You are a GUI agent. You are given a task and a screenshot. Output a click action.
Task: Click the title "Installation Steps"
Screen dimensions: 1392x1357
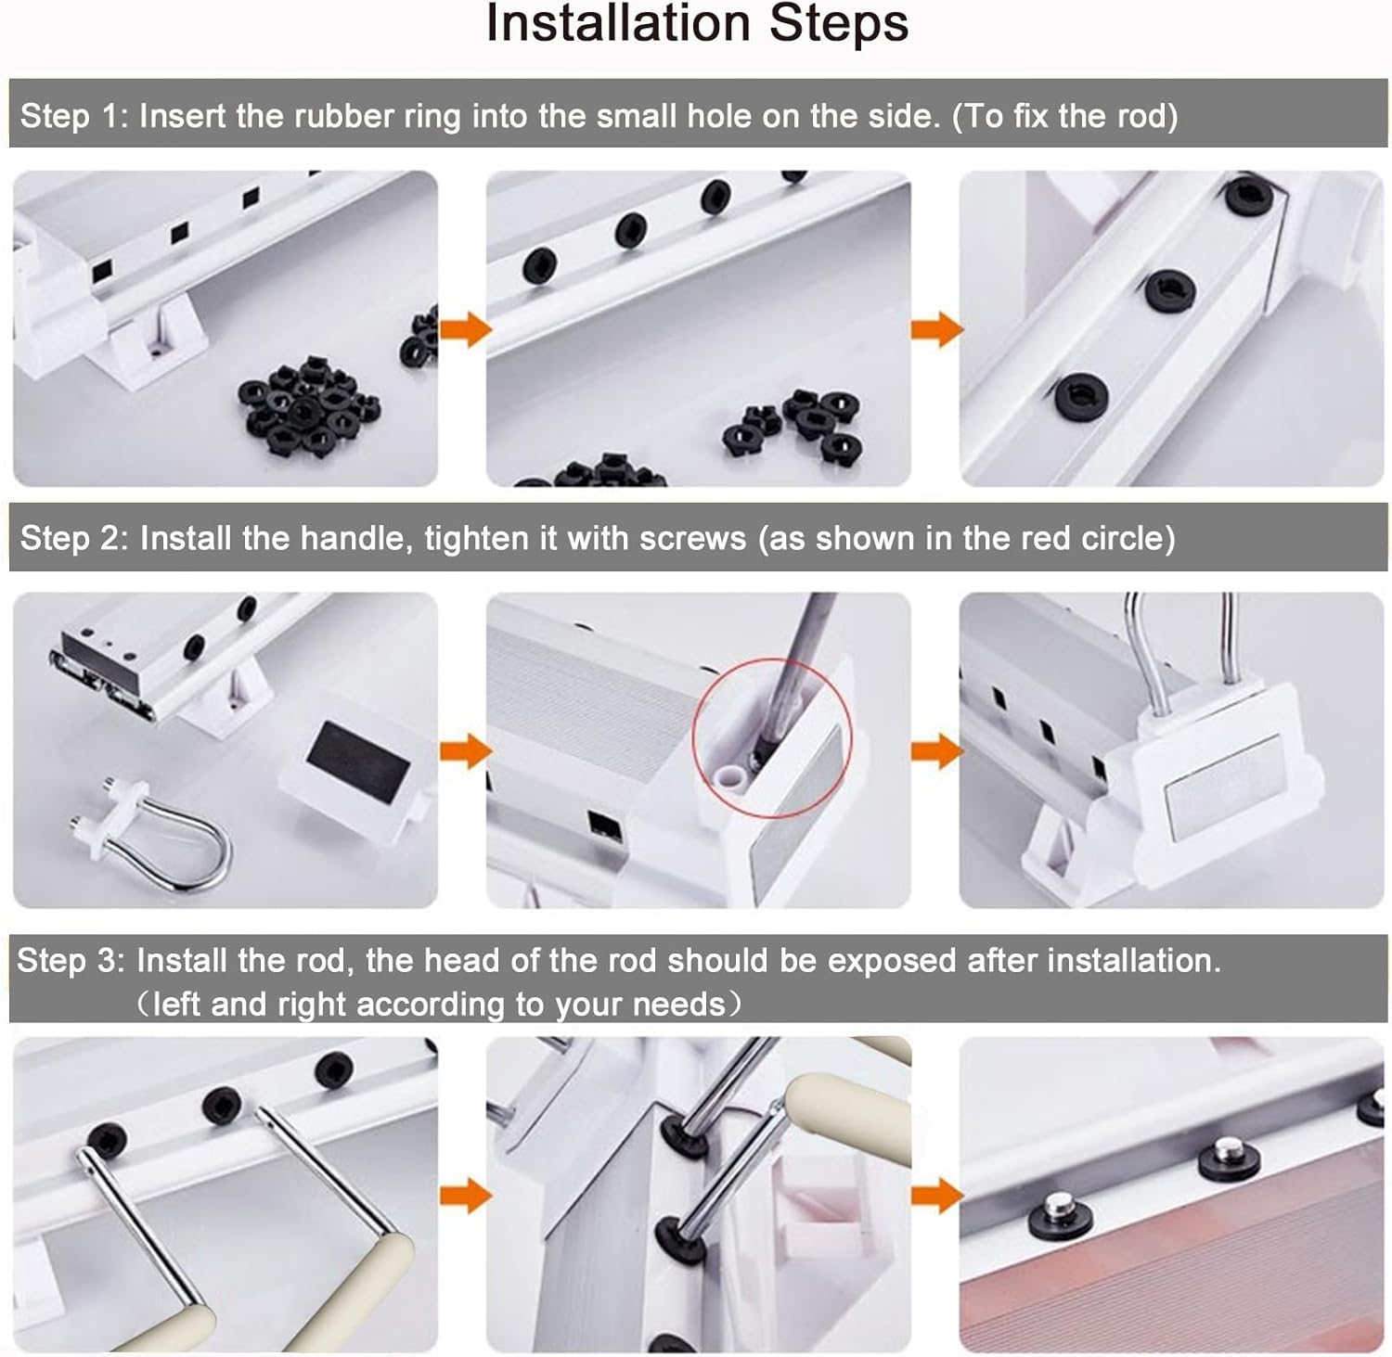(697, 23)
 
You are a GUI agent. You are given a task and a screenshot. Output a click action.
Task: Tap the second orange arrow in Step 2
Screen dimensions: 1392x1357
(937, 750)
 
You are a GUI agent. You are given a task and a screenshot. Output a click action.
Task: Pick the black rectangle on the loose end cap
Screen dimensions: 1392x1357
(358, 758)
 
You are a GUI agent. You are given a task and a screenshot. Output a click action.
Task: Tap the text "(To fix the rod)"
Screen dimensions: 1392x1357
(1065, 116)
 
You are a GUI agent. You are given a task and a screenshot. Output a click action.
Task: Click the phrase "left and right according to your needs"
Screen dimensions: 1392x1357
(439, 1005)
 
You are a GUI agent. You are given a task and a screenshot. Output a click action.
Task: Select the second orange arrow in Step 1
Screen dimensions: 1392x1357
(937, 329)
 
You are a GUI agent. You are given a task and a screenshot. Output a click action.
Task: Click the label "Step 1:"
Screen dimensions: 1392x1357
(75, 116)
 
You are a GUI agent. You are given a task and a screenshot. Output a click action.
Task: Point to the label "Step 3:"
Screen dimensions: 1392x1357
(71, 961)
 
